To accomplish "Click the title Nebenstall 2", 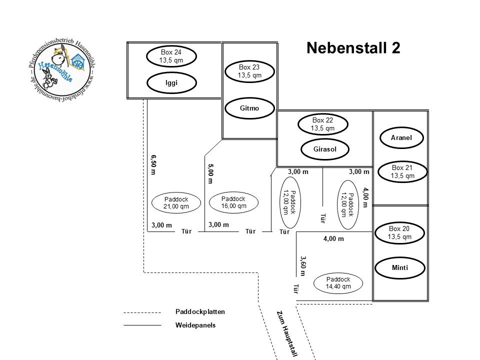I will (x=353, y=48).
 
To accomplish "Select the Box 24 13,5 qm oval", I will (x=170, y=56).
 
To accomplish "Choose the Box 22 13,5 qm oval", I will (x=322, y=124).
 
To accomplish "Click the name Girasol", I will (x=324, y=149).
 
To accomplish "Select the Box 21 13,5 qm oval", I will (x=403, y=171).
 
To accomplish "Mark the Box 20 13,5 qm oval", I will (x=398, y=232).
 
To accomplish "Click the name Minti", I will (x=400, y=267).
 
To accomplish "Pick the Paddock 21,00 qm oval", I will (x=176, y=202).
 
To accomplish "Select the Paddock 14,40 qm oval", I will (x=338, y=282).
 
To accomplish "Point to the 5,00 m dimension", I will (x=210, y=173).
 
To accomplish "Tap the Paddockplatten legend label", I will (x=200, y=311).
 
